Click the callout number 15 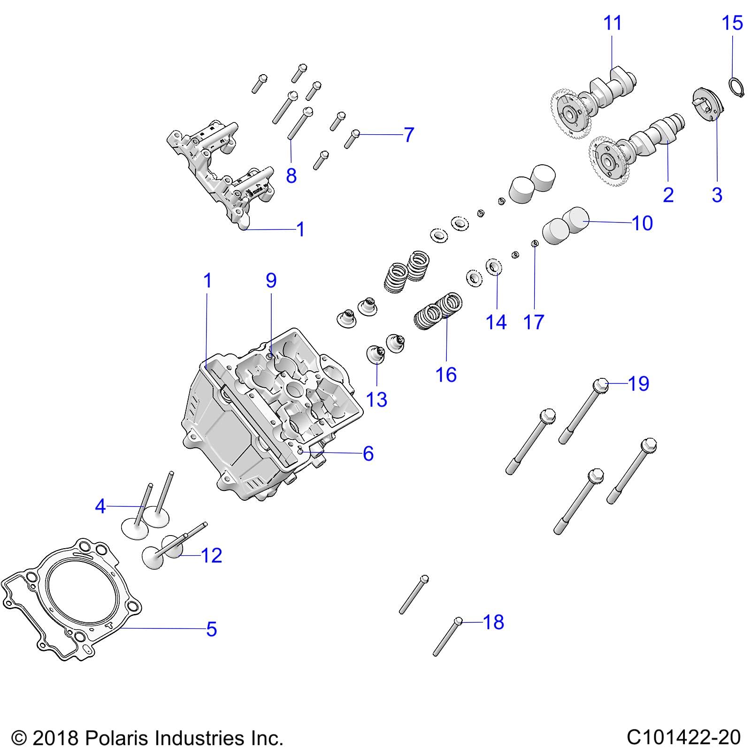click(x=732, y=23)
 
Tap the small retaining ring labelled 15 click(x=736, y=88)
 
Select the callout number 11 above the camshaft click(x=612, y=23)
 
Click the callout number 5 click(x=212, y=629)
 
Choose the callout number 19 click(x=638, y=383)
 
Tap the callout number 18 click(x=493, y=622)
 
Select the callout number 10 click(x=642, y=223)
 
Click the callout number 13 click(x=376, y=400)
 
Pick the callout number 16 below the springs click(x=446, y=375)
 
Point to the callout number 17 click(x=534, y=322)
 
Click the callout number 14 click(x=496, y=322)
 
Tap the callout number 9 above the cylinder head click(x=271, y=280)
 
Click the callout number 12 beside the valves click(x=211, y=556)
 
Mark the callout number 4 click(x=100, y=506)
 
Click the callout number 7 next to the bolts click(x=409, y=135)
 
